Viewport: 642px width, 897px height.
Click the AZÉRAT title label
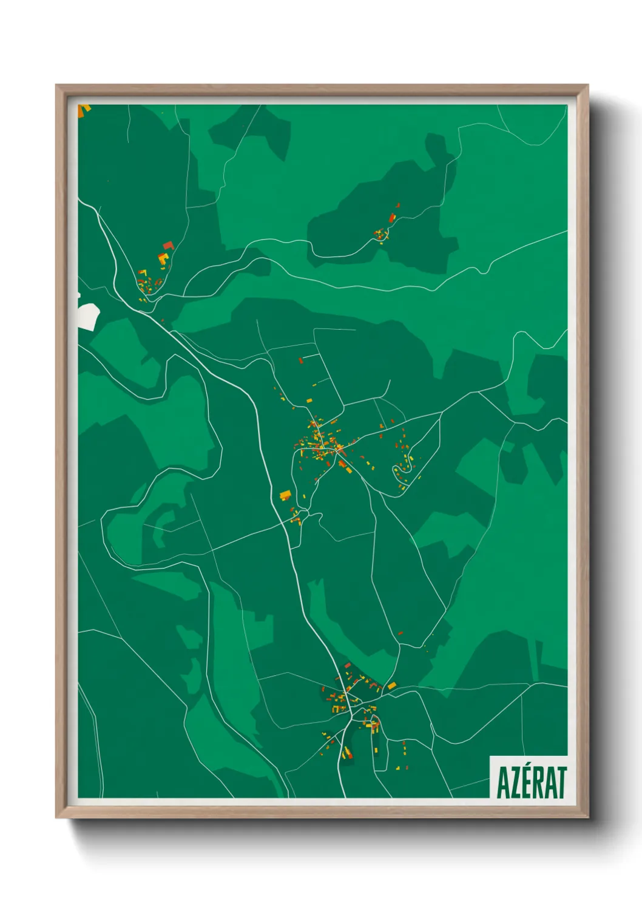tap(532, 782)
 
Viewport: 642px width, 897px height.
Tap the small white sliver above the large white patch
tap(79, 295)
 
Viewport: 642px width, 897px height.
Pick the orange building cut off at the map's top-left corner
tap(84, 109)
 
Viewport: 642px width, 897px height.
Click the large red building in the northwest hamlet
tap(168, 245)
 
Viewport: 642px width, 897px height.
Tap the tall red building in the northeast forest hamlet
tap(392, 217)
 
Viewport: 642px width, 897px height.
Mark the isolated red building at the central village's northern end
tap(300, 361)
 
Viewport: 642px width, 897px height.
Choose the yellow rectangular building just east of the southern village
tap(392, 685)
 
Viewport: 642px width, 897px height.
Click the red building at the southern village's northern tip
tap(348, 665)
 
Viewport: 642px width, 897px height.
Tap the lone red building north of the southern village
tap(400, 633)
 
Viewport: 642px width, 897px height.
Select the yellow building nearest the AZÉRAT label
tap(406, 768)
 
